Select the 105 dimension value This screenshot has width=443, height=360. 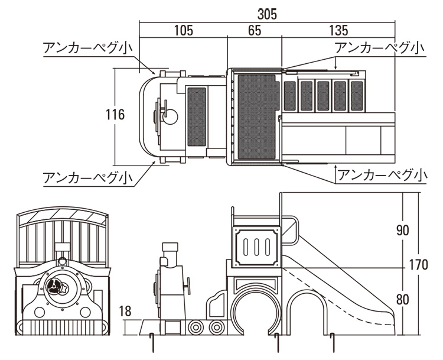pyautogui.click(x=184, y=30)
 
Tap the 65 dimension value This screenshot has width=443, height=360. pyautogui.click(x=255, y=30)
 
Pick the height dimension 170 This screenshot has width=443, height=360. pyautogui.click(x=417, y=265)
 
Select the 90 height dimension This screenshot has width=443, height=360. pyautogui.click(x=402, y=231)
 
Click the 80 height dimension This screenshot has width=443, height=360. pyautogui.click(x=402, y=299)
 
